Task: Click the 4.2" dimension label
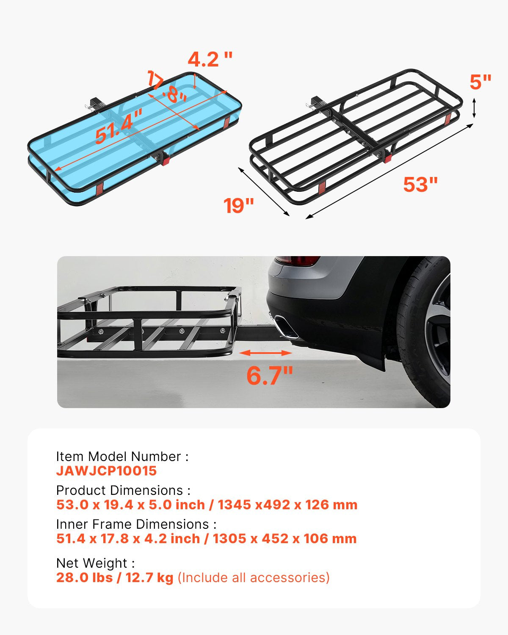210,59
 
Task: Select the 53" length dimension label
420,185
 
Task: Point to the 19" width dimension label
239,206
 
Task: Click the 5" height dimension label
480,82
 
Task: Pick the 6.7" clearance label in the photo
270,375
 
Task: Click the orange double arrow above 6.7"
265,353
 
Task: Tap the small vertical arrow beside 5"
474,108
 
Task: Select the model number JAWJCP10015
106,471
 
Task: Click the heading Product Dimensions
123,490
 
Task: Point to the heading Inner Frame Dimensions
136,524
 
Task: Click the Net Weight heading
95,563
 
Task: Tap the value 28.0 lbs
84,577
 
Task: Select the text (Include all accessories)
253,577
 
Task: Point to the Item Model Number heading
122,456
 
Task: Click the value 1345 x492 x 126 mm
288,505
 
